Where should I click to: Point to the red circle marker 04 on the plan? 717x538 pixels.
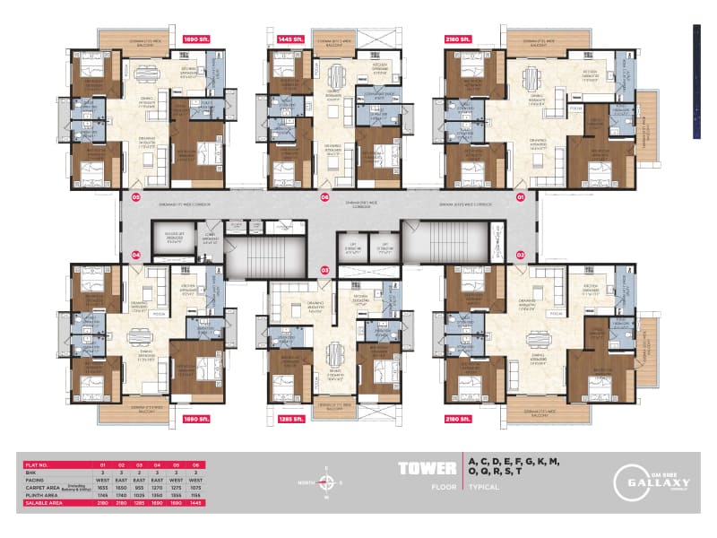pyautogui.click(x=136, y=255)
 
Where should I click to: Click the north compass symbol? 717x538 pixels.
pyautogui.click(x=327, y=482)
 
